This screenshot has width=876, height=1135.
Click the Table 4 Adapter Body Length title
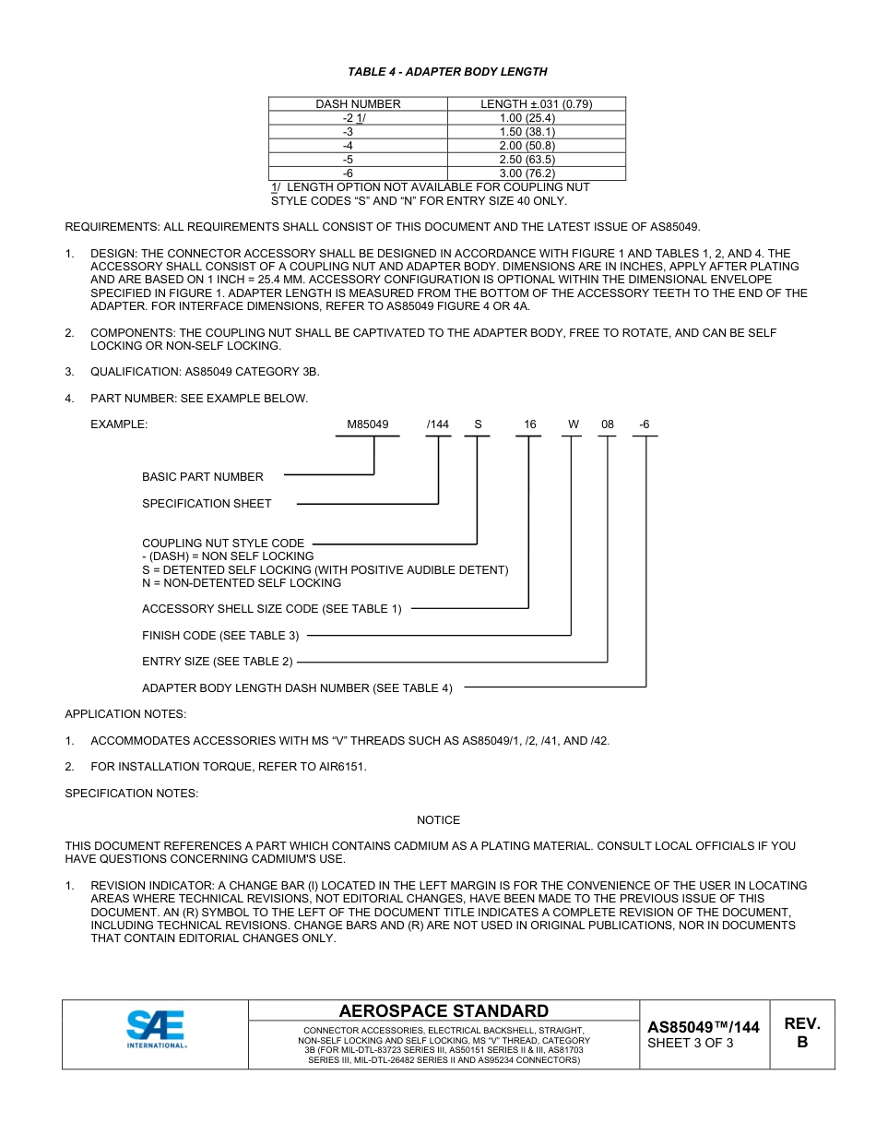point(447,72)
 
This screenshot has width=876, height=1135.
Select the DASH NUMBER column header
point(358,104)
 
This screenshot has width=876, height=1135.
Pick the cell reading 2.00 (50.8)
point(527,146)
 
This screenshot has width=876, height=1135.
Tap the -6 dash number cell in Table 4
point(348,173)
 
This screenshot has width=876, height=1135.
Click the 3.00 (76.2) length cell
point(527,173)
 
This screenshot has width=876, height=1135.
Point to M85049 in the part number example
point(367,424)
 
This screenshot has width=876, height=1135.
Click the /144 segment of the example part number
point(438,424)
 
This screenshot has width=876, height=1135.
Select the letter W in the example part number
point(573,424)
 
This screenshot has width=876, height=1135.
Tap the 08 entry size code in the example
point(608,424)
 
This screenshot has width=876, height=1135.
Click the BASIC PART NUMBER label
point(203,477)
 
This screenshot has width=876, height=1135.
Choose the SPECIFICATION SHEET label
point(207,504)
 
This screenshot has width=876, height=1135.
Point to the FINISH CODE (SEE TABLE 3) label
point(220,636)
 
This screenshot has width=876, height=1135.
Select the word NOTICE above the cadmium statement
point(438,820)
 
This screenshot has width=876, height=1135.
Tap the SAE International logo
point(156,1029)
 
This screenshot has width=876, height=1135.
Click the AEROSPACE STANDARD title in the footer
point(444,1011)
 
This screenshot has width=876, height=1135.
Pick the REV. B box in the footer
point(801,1033)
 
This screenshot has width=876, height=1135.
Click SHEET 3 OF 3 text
point(691,1044)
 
